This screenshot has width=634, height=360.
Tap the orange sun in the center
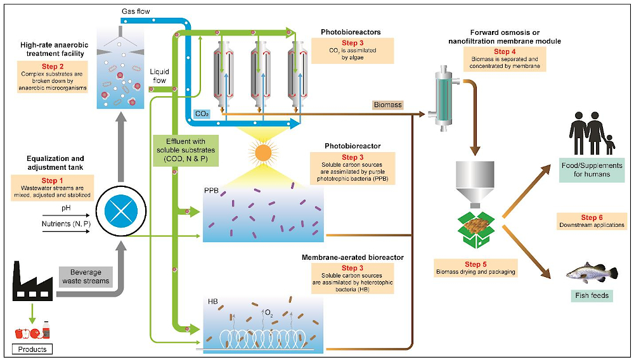tap(263, 153)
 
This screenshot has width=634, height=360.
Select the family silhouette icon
tap(592, 132)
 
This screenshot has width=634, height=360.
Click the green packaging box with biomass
tap(476, 229)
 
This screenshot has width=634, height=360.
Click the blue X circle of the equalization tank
tap(121, 210)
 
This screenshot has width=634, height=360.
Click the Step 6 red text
tap(592, 217)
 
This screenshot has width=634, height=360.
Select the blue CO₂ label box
tap(202, 114)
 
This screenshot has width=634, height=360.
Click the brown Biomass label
tap(388, 105)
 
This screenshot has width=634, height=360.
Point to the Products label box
tap(32, 349)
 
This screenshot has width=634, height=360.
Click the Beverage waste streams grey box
tap(86, 276)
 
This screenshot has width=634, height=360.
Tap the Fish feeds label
tap(592, 295)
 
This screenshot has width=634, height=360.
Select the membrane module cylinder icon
tap(444, 100)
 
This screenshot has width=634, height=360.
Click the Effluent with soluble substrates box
tap(186, 150)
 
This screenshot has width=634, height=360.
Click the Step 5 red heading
tap(475, 264)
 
